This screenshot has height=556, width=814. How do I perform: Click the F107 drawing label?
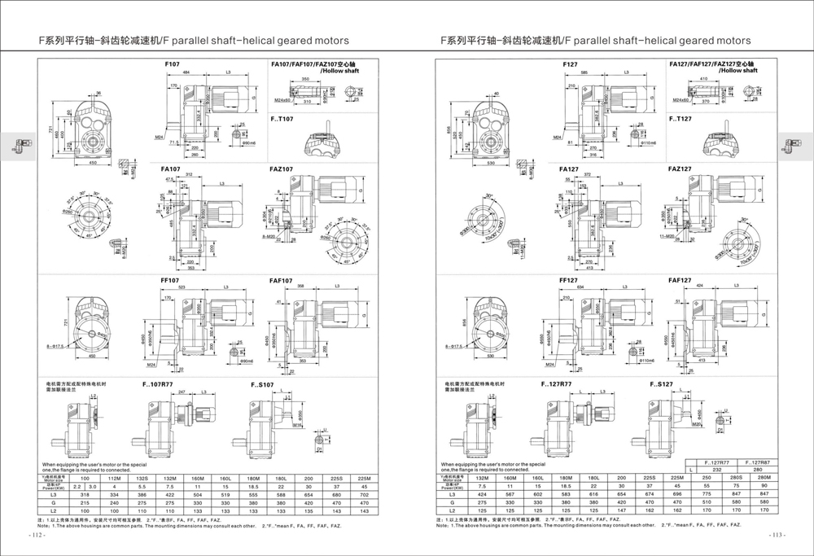pos(172,63)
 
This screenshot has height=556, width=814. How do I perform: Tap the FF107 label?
pos(172,279)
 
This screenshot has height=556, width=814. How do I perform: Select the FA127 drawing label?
pos(570,169)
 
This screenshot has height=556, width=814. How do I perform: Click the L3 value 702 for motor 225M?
pos(364,494)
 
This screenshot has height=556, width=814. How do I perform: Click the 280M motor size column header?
pos(764,478)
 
